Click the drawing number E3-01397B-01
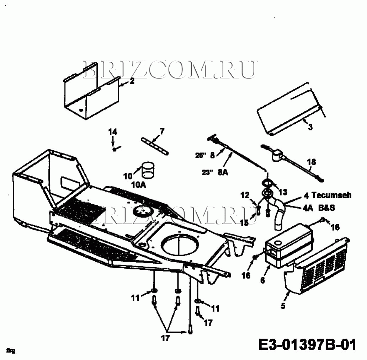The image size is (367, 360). coord(307,344)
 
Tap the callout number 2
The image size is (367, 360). coord(132,81)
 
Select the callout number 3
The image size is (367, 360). coord(310,127)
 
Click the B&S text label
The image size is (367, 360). coord(326,208)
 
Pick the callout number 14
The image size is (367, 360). coord(112,132)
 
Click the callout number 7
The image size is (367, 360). coord(162,131)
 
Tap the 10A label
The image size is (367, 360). coord(138,184)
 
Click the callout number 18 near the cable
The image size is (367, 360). coord(311,162)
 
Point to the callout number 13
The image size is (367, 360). coord(283,192)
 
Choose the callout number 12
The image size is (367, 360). coord(245,195)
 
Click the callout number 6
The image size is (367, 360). coord(262,280)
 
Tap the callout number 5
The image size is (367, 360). coord(283,305)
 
